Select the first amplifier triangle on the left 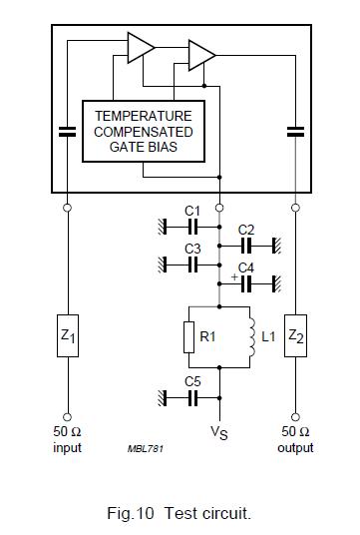141,46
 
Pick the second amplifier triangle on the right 200,54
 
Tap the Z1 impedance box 67,337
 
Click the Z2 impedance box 295,337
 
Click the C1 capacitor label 192,211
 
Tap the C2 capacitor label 246,230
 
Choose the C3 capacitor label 192,249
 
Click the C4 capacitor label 246,267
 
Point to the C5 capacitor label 192,381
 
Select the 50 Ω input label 67,439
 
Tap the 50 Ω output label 295,439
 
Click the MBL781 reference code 146,448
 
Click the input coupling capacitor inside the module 67,131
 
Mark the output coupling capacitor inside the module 295,131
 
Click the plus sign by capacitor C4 234,275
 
